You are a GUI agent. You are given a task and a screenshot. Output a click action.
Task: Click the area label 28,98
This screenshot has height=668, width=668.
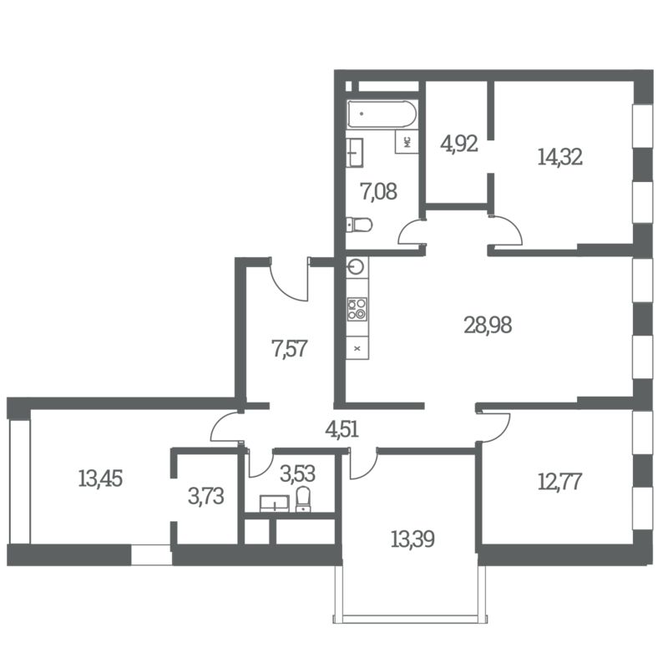pyautogui.click(x=488, y=325)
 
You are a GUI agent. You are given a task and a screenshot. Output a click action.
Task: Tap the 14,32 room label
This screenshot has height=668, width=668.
pyautogui.click(x=559, y=157)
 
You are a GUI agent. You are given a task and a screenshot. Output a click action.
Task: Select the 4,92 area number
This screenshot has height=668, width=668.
pyautogui.click(x=458, y=144)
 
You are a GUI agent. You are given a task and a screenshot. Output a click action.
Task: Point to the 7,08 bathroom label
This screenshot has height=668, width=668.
pyautogui.click(x=379, y=191)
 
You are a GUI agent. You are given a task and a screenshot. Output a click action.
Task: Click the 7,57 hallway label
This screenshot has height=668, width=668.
pyautogui.click(x=289, y=348)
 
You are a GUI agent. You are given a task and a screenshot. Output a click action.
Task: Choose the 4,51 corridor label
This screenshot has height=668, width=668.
pyautogui.click(x=342, y=429)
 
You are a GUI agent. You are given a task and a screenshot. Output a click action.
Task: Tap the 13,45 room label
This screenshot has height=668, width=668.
pyautogui.click(x=100, y=478)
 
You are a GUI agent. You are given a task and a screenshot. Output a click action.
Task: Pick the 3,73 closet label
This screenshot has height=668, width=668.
pyautogui.click(x=205, y=496)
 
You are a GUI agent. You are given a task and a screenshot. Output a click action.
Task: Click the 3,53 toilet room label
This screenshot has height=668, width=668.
pyautogui.click(x=297, y=473)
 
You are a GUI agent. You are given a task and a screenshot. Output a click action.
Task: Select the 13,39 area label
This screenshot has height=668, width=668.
pyautogui.click(x=412, y=539)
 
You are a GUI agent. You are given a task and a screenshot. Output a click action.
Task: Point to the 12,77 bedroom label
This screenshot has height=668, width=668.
pyautogui.click(x=559, y=482)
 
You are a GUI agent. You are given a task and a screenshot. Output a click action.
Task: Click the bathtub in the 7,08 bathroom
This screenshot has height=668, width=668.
pyautogui.click(x=382, y=114)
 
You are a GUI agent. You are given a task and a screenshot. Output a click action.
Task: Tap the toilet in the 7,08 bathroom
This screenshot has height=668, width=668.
pyautogui.click(x=359, y=225)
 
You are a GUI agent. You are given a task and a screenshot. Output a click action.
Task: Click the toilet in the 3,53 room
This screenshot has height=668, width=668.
pyautogui.click(x=303, y=498)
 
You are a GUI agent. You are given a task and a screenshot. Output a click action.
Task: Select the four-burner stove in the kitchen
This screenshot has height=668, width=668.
pyautogui.click(x=357, y=309)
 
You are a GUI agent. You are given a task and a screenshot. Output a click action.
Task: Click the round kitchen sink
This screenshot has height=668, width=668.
pyautogui.click(x=356, y=267)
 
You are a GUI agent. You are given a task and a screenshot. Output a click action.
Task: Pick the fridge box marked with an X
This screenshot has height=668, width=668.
pyautogui.click(x=357, y=348)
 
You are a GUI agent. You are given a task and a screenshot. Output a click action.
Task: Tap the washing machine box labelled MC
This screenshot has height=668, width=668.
pyautogui.click(x=407, y=142)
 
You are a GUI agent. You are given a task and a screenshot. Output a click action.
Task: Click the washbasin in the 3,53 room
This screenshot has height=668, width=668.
pyautogui.click(x=275, y=504)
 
